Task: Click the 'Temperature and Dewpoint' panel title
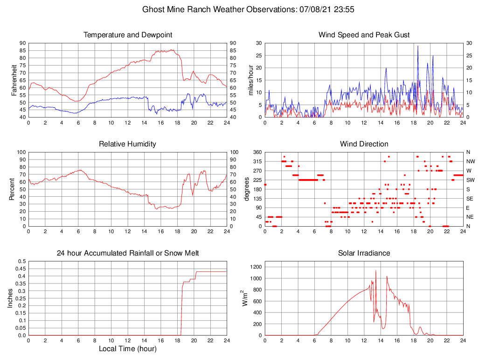(128, 35)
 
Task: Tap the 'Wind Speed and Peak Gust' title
(364, 35)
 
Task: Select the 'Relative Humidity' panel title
(128, 144)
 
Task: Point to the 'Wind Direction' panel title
(364, 144)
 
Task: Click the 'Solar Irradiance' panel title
(364, 253)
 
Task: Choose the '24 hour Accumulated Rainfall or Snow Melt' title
(128, 253)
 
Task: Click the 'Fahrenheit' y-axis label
(15, 80)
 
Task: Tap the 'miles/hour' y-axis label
(250, 80)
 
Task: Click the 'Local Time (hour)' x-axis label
(128, 348)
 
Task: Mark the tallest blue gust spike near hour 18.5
(418, 46)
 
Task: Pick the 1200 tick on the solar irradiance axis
(256, 267)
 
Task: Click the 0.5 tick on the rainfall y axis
(21, 261)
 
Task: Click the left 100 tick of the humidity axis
(20, 152)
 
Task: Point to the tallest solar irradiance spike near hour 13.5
(376, 270)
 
